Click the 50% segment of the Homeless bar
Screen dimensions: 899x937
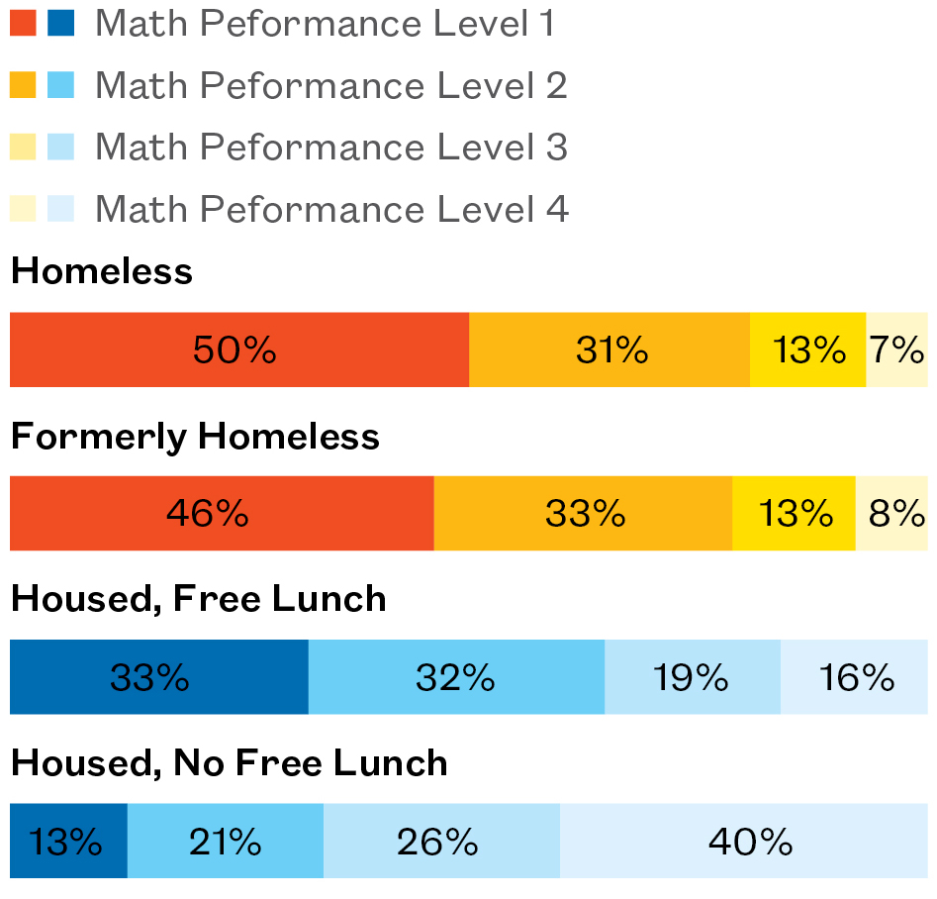238,350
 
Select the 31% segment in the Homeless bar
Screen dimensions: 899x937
609,350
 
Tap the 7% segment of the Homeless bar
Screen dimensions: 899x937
896,350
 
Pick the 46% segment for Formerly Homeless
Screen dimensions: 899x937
222,513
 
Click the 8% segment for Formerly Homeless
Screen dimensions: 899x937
891,513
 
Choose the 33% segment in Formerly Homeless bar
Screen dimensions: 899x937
583,513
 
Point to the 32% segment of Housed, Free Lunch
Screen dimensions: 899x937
456,677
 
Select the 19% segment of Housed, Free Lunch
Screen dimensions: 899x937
693,677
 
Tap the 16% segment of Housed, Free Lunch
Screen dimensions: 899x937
855,677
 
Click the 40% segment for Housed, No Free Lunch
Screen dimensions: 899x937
744,842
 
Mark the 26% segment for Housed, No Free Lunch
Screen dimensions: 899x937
441,842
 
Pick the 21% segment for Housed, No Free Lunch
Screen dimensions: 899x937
226,842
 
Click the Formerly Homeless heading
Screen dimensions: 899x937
195,437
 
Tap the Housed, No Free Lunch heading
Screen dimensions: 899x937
229,763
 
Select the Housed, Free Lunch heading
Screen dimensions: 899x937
198,599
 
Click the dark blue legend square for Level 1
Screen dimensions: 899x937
61,24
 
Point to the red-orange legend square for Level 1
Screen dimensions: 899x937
23,24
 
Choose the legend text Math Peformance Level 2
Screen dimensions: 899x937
330,86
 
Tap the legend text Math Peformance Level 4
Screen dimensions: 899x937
331,209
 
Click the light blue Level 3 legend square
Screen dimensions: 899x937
61,148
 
